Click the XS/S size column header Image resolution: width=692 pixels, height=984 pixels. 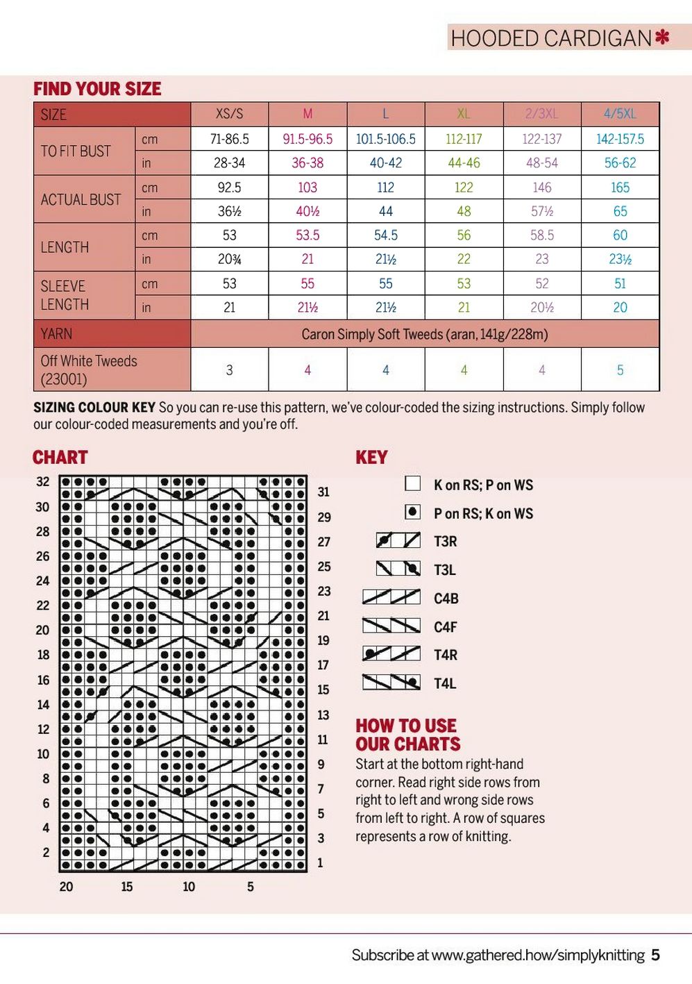point(229,114)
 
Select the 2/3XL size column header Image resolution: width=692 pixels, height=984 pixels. point(541,114)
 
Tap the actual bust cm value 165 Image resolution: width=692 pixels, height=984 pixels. point(620,187)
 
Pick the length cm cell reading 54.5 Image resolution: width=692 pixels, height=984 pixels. point(385,235)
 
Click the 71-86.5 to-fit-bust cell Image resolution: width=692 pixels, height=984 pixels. point(229,139)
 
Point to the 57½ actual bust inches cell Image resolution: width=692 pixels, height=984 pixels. point(541,211)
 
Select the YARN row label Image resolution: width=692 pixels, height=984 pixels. point(56,334)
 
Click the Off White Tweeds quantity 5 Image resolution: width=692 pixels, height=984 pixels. point(620,370)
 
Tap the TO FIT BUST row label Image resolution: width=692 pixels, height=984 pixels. point(76,151)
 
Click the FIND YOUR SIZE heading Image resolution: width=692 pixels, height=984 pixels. point(97,89)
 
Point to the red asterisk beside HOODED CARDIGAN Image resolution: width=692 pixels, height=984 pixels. point(663,37)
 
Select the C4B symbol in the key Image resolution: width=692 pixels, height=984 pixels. point(391,597)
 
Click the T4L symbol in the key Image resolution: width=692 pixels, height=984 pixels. point(391,683)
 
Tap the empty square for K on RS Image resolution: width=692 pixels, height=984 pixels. point(412,483)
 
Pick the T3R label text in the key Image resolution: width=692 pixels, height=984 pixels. point(445,542)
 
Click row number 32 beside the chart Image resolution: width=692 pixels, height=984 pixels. point(43,482)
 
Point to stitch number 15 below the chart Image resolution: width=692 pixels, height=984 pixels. point(126,887)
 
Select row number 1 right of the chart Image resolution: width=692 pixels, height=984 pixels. point(320,863)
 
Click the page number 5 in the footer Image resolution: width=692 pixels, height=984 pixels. point(655,956)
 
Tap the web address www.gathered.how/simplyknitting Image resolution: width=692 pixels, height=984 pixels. point(538,956)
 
